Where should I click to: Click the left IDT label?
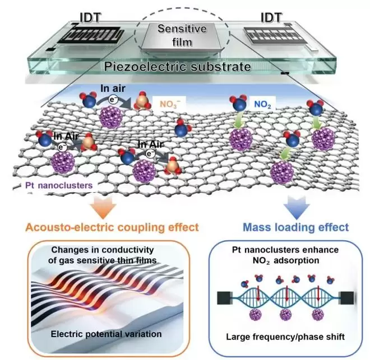90,18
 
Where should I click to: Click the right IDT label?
271,17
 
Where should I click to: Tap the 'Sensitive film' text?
182,35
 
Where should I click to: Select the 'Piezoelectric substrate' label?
178,67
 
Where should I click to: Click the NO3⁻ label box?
170,104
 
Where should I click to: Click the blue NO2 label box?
262,104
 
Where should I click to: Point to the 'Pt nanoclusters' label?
59,185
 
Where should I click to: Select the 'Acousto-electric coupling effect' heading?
112,228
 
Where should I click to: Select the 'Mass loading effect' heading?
295,227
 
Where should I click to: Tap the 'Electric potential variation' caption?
106,334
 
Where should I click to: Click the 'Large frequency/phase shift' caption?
285,336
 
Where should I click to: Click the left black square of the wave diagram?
224,298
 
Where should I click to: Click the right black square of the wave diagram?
346,298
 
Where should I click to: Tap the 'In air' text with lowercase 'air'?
113,89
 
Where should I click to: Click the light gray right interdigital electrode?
275,36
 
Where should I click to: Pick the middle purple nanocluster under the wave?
286,315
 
